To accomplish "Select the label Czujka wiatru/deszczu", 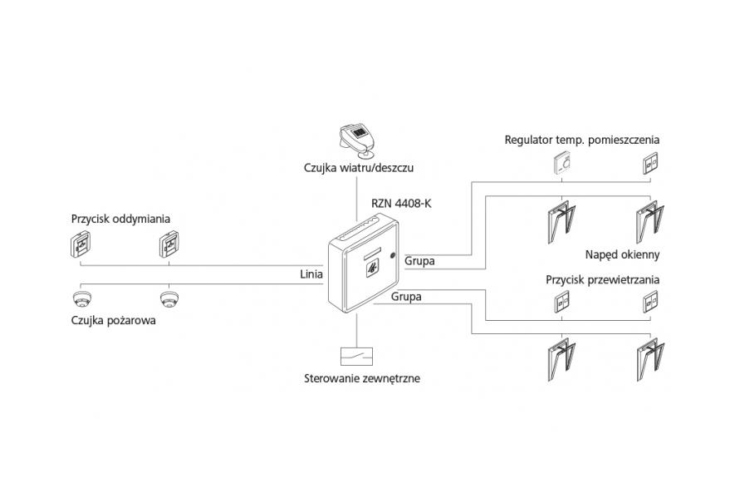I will pos(359,169).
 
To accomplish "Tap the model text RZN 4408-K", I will pos(402,201).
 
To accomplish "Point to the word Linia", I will pos(311,273).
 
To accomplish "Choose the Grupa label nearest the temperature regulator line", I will pos(419,261).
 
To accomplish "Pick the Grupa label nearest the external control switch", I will pos(405,296).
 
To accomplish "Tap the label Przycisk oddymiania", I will pos(120,219).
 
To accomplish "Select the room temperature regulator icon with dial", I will pos(563,165).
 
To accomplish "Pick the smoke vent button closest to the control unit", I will pos(171,245).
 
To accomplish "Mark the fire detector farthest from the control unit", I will pos(81,298).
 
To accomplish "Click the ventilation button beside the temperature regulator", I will pos(650,165).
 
